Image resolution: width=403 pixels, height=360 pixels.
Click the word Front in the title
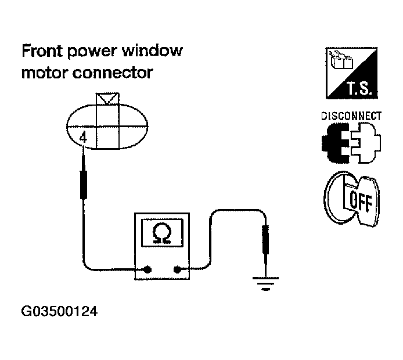[42, 51]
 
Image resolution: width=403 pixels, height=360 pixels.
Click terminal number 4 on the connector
[83, 138]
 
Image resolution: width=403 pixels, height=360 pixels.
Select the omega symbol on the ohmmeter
[161, 232]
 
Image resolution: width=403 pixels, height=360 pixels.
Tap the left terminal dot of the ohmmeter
[148, 269]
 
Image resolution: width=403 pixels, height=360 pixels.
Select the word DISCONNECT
[351, 116]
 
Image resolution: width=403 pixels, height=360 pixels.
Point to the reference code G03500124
[59, 312]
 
